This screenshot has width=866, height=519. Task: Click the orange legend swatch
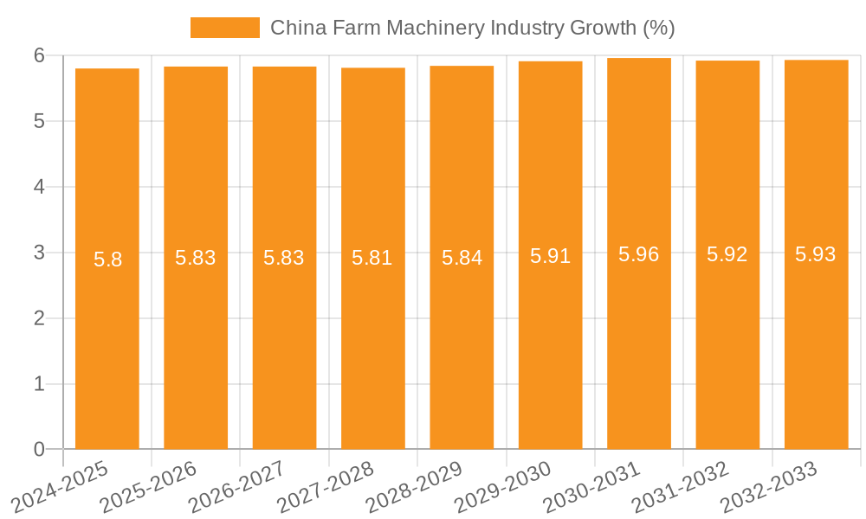pyautogui.click(x=224, y=28)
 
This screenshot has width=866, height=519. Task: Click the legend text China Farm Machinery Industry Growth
pyautogui.click(x=472, y=28)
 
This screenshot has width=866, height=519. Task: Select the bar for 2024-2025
pyautogui.click(x=107, y=346)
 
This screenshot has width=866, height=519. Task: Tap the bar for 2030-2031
pyautogui.click(x=639, y=346)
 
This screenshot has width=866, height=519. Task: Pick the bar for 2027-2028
pyautogui.click(x=373, y=346)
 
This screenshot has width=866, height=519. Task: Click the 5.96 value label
pyautogui.click(x=639, y=254)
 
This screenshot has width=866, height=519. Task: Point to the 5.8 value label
pyautogui.click(x=107, y=259)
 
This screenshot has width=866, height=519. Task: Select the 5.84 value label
pyautogui.click(x=462, y=258)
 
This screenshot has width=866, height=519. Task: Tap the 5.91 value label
pyautogui.click(x=550, y=256)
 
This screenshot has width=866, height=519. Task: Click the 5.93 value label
pyautogui.click(x=816, y=255)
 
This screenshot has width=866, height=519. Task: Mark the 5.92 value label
pyautogui.click(x=727, y=255)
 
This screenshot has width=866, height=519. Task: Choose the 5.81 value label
pyautogui.click(x=372, y=258)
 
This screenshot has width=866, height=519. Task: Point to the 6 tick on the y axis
pyautogui.click(x=39, y=55)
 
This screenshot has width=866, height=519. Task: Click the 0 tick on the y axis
pyautogui.click(x=39, y=449)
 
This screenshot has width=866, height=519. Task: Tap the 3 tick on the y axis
pyautogui.click(x=39, y=253)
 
